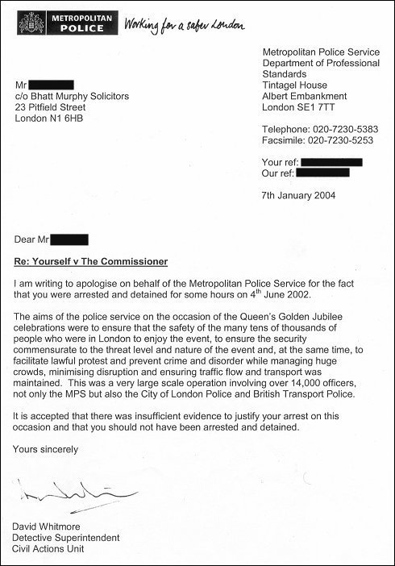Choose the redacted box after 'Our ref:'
[322, 173]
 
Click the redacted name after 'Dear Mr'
[70, 239]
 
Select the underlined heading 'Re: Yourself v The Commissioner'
[91, 262]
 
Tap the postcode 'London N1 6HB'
[54, 119]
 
